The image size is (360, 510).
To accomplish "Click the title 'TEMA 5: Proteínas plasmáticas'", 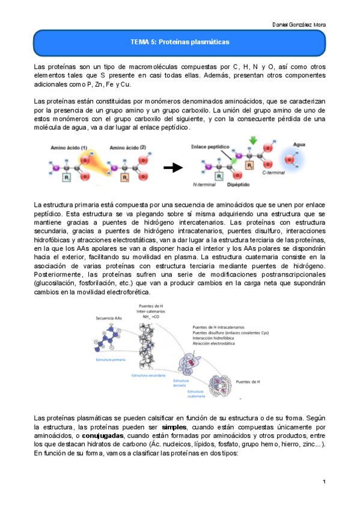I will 180,42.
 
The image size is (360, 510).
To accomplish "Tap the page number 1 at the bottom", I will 323,482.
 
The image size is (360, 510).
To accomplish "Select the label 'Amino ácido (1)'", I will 69,147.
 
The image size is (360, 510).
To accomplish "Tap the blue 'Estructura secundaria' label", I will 147,374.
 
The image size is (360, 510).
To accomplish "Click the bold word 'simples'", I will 174,426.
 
